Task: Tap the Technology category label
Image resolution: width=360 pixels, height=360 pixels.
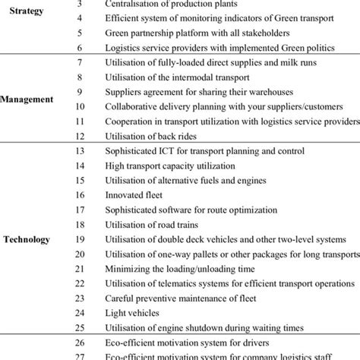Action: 27,239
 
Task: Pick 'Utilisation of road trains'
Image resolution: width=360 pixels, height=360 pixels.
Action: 156,225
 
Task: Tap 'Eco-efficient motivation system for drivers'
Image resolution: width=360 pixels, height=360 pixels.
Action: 188,343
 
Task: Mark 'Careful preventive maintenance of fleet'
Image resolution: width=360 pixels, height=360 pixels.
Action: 188,298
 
